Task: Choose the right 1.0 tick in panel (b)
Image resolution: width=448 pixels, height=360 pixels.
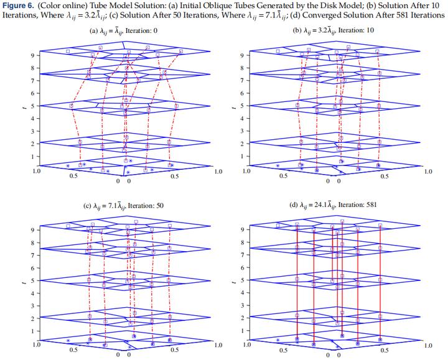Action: [428, 171]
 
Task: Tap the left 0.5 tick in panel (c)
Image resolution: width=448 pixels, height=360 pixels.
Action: [73, 350]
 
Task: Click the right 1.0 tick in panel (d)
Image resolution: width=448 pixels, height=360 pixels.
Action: [428, 345]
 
